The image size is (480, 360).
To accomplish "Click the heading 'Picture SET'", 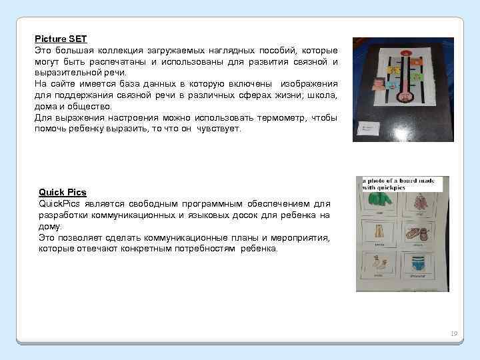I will (61, 40).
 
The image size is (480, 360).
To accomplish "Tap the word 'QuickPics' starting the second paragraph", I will (60, 204).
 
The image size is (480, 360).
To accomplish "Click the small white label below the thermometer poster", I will (369, 128).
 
